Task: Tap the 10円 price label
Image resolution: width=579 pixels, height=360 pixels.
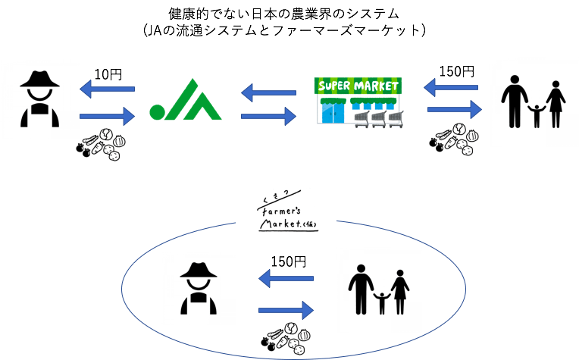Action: (x=108, y=74)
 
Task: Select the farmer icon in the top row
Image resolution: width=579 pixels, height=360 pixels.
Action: (x=39, y=98)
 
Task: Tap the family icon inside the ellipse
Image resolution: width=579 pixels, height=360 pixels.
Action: (x=378, y=289)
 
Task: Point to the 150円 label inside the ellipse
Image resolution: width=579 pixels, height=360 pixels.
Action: (x=288, y=261)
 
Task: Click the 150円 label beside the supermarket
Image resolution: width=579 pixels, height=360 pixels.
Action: (x=456, y=72)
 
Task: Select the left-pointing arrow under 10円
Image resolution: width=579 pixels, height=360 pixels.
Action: (x=108, y=90)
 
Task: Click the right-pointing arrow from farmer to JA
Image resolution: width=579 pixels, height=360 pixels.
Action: (x=108, y=116)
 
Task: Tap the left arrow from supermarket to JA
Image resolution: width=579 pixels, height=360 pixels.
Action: (x=268, y=92)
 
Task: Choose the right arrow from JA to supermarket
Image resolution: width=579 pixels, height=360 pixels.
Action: (x=268, y=117)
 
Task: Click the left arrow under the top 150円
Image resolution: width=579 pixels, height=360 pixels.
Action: (x=452, y=89)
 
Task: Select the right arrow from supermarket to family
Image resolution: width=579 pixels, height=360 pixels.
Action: (x=454, y=110)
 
